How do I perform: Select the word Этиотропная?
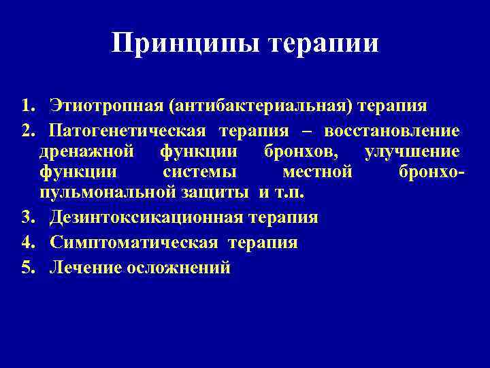pyautogui.click(x=105, y=106)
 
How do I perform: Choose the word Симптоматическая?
pyautogui.click(x=134, y=243)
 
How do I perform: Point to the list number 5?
pyautogui.click(x=27, y=268)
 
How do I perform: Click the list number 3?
pyautogui.click(x=27, y=217)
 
